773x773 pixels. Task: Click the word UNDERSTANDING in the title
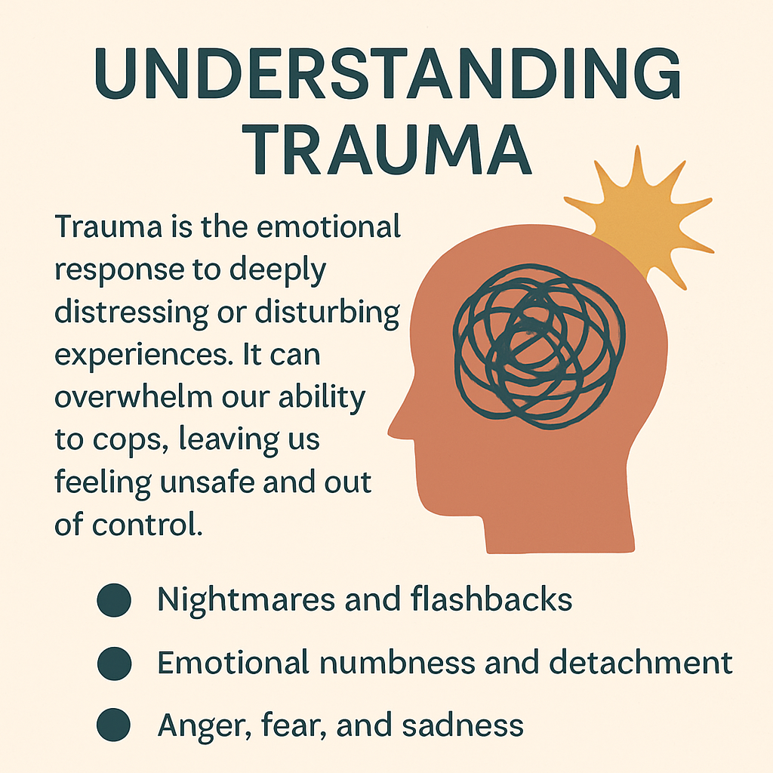(386, 75)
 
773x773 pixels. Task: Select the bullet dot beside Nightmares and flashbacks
(115, 600)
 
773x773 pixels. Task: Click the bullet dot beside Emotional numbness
(115, 663)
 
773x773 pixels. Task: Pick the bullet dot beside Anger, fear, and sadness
(115, 725)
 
